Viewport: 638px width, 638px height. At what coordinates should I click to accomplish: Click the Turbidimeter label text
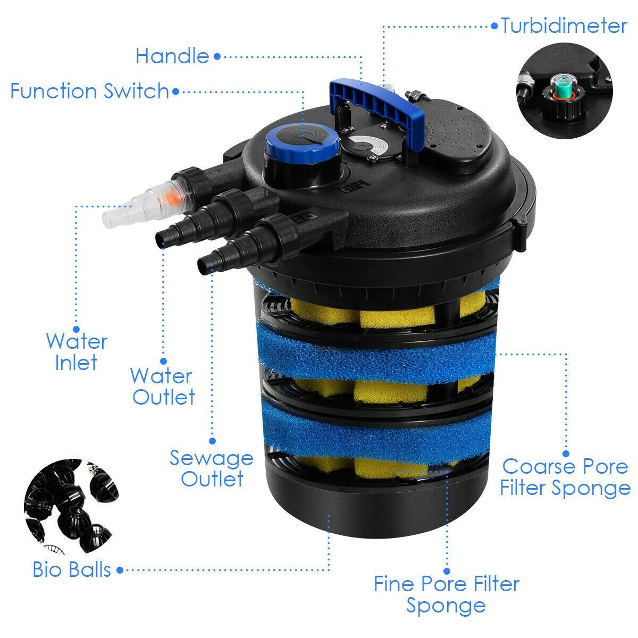pyautogui.click(x=564, y=26)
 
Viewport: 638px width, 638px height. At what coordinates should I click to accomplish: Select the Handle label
pyautogui.click(x=172, y=56)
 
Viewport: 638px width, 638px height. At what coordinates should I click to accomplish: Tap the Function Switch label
pyautogui.click(x=89, y=91)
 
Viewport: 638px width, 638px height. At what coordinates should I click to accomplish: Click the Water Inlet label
pyautogui.click(x=77, y=352)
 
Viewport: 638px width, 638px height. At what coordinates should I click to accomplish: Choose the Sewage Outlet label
pyautogui.click(x=212, y=468)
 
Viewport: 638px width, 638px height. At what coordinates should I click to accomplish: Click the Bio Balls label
pyautogui.click(x=72, y=569)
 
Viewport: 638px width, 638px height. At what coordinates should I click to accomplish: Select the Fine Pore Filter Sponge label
pyautogui.click(x=446, y=594)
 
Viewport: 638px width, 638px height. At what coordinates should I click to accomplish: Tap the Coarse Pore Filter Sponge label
pyautogui.click(x=565, y=477)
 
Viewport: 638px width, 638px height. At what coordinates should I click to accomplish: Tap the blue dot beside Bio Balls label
pyautogui.click(x=120, y=569)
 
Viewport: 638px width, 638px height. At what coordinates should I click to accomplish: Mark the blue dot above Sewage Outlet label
pyautogui.click(x=212, y=441)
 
